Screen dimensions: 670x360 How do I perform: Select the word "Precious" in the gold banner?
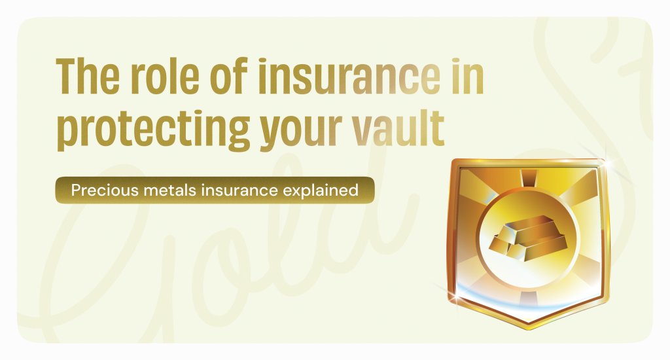(x=105, y=190)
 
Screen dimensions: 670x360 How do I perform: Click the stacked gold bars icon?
(x=528, y=238)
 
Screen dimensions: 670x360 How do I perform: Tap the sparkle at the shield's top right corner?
(x=605, y=162)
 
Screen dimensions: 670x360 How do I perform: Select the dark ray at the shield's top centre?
(x=529, y=178)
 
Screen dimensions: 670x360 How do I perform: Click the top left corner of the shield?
(x=453, y=161)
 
